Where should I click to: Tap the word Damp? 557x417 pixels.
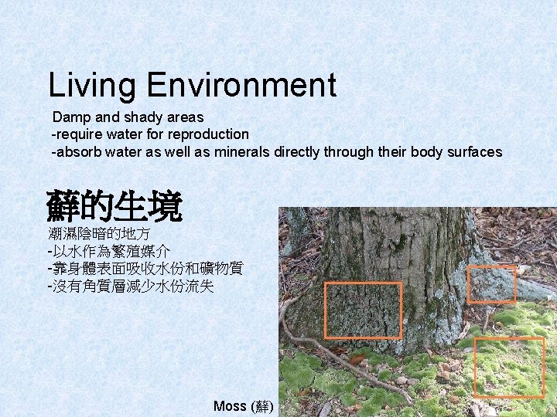tap(71, 117)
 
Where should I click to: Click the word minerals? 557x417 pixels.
tap(241, 152)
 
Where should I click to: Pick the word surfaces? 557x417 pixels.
tap(474, 152)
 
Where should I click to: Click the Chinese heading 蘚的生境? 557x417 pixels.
tap(114, 205)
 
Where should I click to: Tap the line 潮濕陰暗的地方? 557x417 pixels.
tap(99, 233)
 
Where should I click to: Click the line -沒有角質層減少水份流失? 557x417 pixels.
tap(130, 286)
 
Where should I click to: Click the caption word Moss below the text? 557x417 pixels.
tap(230, 406)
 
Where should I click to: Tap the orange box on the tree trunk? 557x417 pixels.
tap(363, 310)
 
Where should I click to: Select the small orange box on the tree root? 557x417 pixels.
tap(492, 284)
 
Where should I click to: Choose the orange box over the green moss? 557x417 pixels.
tap(508, 366)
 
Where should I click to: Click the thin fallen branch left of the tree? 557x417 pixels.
tap(325, 347)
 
